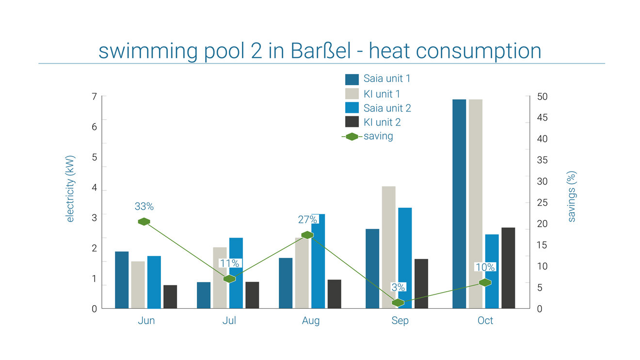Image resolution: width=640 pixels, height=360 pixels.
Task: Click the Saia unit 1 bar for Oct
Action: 459,203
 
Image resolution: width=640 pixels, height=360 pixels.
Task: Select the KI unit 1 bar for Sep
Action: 389,247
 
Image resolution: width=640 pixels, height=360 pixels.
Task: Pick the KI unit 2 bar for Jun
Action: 170,297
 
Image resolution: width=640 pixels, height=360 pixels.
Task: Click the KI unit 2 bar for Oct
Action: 508,267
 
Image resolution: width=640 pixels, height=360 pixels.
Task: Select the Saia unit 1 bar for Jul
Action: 204,295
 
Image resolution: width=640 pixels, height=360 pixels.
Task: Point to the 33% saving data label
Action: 144,206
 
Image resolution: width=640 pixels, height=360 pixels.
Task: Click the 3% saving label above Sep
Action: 398,287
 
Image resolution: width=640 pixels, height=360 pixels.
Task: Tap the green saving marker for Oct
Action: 485,282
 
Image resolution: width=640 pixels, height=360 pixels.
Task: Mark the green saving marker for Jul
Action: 229,279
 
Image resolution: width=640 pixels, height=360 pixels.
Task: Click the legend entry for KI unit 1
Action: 382,94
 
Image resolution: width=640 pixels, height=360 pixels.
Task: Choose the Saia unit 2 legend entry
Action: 387,108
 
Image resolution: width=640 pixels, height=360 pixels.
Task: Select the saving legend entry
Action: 378,136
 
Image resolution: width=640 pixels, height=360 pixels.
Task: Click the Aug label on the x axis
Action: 311,321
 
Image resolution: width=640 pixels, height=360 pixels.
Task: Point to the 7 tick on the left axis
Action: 94,96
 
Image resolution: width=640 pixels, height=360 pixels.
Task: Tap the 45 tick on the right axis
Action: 543,118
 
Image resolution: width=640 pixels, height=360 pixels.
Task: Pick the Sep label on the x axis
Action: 400,321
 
